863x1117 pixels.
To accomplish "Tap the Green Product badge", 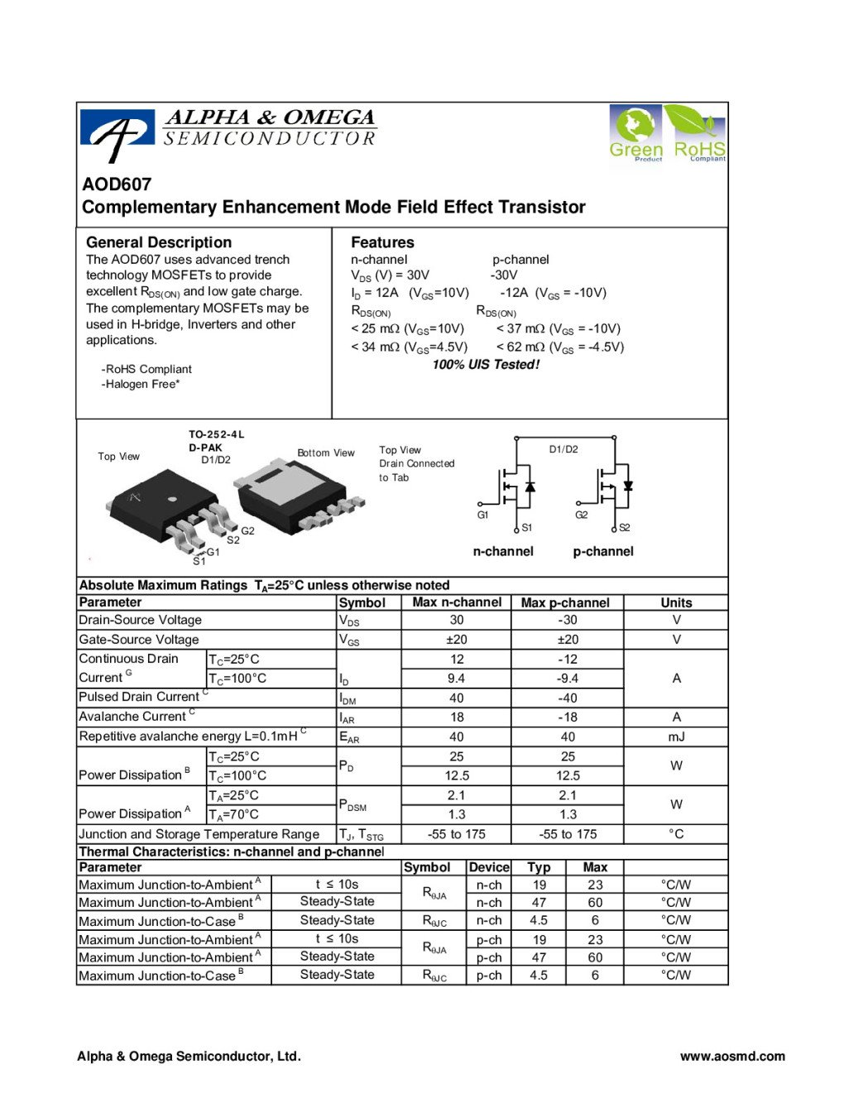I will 635,132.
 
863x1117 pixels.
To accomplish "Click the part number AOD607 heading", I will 117,185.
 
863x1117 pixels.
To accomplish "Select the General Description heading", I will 159,242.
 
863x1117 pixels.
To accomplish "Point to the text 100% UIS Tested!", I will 486,365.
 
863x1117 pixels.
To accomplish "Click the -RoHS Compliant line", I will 146,369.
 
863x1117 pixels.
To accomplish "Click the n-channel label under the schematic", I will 503,552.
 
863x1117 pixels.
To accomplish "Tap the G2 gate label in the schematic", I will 582,515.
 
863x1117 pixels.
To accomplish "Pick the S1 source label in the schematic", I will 527,528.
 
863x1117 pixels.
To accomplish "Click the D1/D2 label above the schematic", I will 563,449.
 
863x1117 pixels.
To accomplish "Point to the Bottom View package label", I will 326,453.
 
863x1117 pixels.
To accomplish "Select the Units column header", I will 676,603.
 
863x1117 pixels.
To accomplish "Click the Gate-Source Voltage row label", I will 139,640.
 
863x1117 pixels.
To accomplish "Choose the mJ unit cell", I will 676,736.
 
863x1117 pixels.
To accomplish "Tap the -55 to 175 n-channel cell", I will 457,834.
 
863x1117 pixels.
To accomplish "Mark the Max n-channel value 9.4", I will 457,678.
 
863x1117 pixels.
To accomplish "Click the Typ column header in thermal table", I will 539,867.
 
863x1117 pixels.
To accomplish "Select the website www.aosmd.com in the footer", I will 732,1056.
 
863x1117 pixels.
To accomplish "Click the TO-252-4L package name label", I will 217,434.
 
